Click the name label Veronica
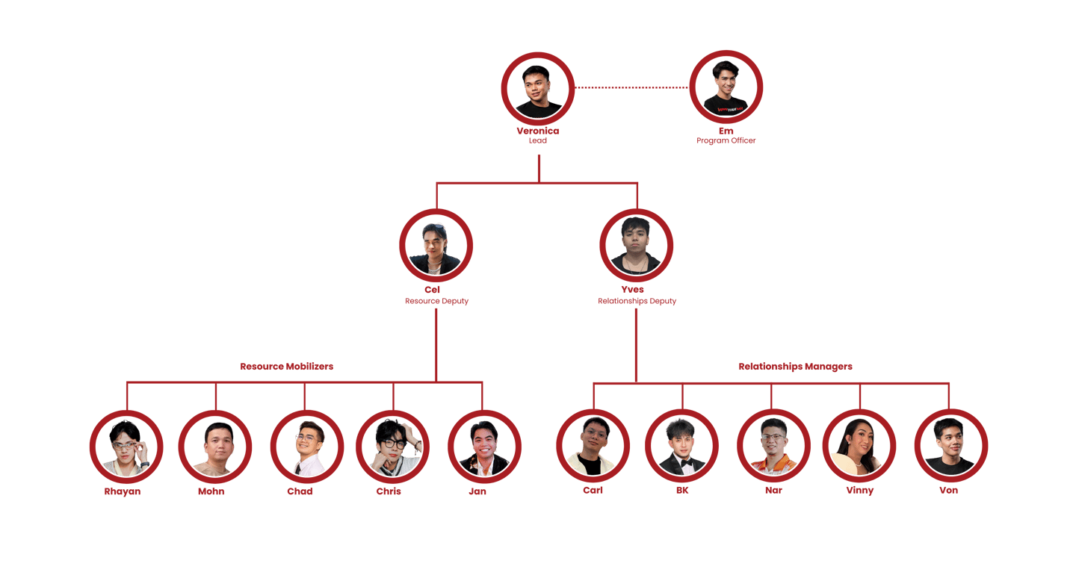click(538, 131)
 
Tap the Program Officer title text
click(726, 140)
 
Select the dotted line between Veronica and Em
click(632, 87)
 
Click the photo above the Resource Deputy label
click(436, 246)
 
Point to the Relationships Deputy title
click(637, 301)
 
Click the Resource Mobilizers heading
click(286, 367)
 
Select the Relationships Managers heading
click(795, 367)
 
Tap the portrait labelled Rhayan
click(126, 447)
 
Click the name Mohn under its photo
click(211, 491)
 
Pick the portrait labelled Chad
click(306, 447)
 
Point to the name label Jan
click(477, 491)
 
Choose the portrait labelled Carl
click(593, 446)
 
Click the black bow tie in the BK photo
click(682, 462)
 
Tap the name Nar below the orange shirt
click(773, 491)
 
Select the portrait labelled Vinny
click(859, 446)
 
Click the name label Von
click(949, 491)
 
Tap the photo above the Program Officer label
click(726, 87)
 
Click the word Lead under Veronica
click(538, 140)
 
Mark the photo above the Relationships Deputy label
click(637, 246)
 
